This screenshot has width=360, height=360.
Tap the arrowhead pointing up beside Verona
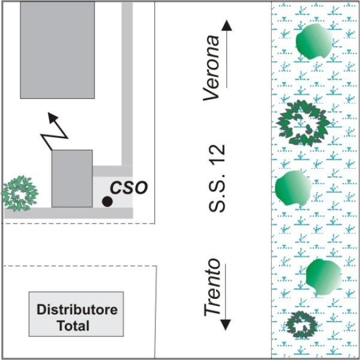coord(226,25)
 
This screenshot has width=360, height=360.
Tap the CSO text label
coord(129,187)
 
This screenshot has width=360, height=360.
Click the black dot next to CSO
coord(107,202)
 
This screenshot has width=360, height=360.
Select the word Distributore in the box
coord(77,310)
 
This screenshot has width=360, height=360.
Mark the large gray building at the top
coord(57,49)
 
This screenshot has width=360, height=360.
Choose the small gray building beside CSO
coord(72,178)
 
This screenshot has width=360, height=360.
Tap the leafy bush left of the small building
coord(18,193)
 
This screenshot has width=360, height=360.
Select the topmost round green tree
coord(313,41)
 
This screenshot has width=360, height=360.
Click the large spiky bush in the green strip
coord(304,122)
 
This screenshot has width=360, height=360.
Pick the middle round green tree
coord(293,187)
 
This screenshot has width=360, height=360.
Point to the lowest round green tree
coord(323,277)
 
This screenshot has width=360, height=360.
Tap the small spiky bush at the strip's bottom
coord(301,325)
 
